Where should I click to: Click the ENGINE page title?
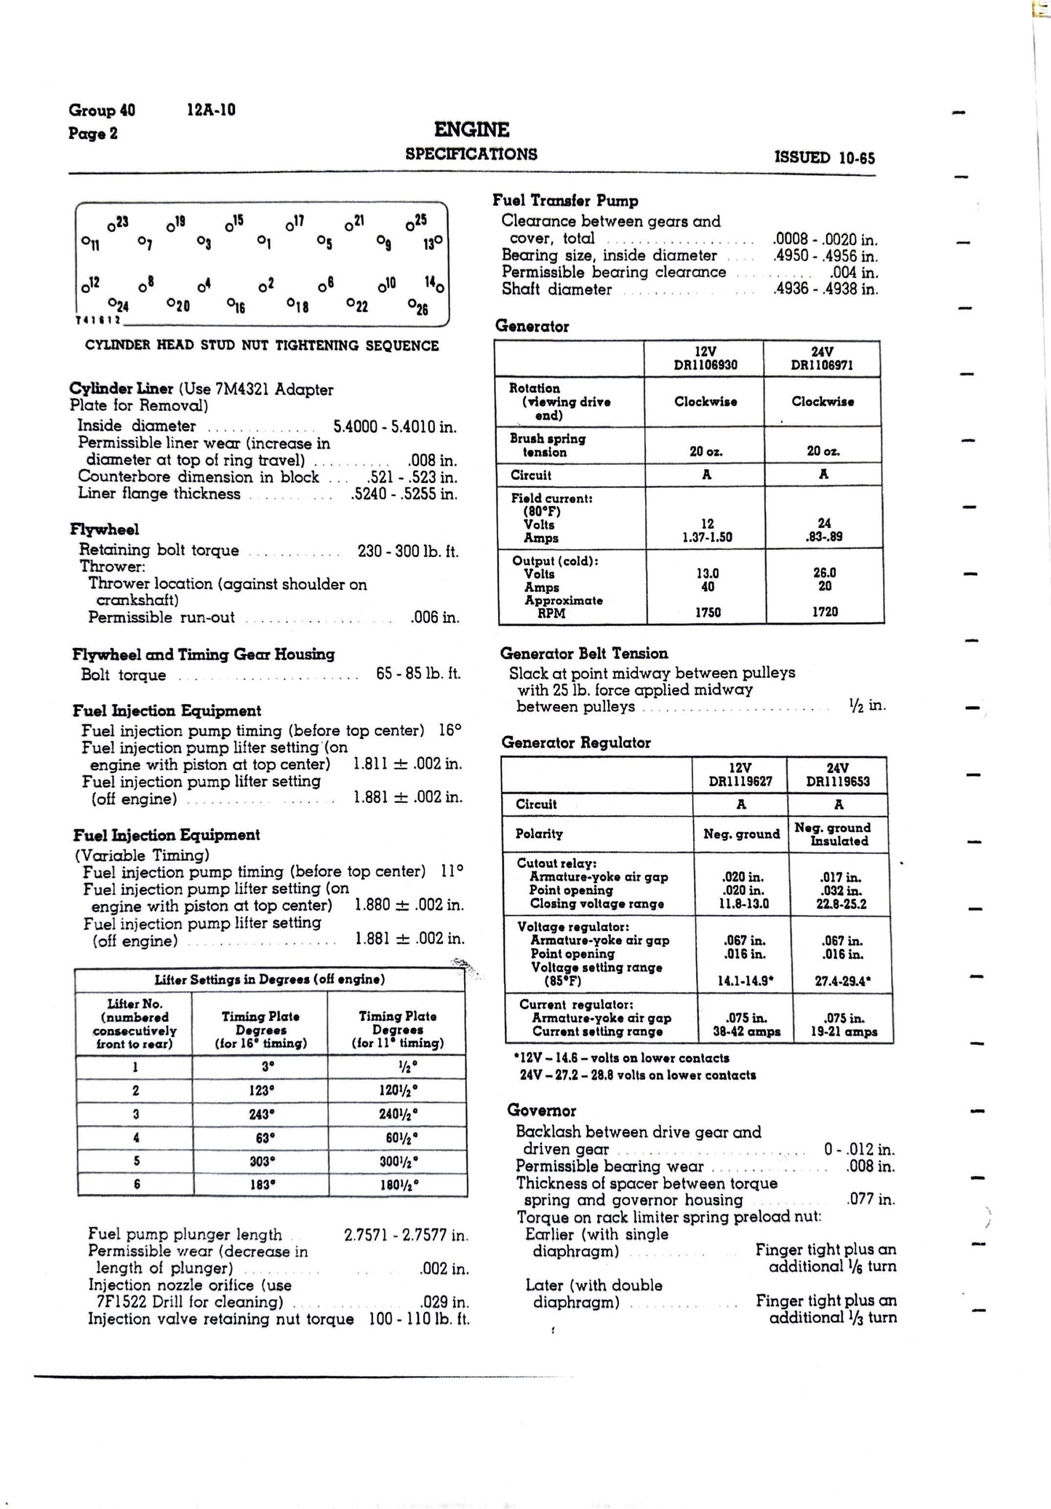click(471, 130)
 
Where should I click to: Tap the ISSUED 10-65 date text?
click(825, 158)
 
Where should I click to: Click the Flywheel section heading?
click(105, 529)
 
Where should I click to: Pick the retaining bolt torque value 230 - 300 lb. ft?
click(407, 551)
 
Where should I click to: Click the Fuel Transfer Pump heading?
click(565, 201)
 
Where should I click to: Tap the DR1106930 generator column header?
click(706, 364)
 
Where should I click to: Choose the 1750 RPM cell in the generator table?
click(707, 612)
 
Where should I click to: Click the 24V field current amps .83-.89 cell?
click(824, 537)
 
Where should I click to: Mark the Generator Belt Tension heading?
click(584, 653)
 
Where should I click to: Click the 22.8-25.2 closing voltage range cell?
click(841, 904)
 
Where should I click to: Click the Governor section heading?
click(541, 1110)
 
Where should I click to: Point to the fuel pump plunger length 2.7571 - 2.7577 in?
click(406, 1234)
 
